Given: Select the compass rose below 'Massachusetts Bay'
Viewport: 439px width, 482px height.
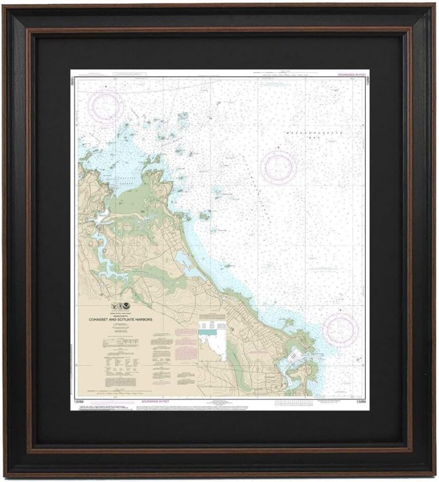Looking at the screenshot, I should pyautogui.click(x=278, y=167).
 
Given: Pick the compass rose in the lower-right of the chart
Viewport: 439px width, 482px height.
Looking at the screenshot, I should pyautogui.click(x=341, y=330).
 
